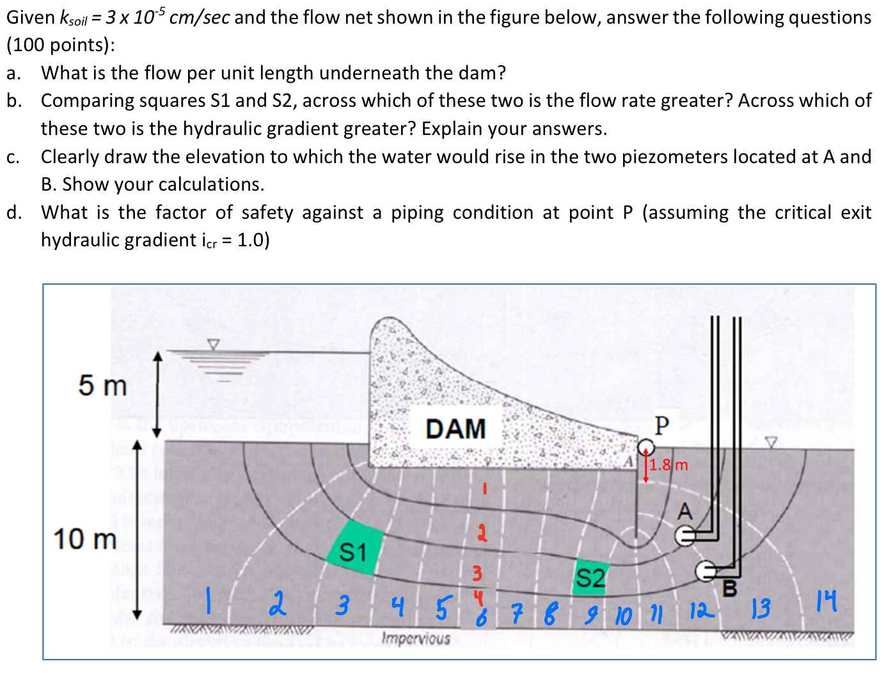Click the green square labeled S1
354,548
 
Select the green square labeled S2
590,577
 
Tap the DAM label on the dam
455,429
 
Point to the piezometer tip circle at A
685,536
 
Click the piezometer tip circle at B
705,571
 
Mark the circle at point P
646,447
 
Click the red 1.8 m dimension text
668,465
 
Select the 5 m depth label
102,385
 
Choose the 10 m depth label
85,539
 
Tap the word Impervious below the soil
416,638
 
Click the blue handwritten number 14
827,601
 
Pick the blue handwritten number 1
209,601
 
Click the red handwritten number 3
477,573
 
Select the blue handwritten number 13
761,608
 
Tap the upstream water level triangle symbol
213,344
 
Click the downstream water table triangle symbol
771,443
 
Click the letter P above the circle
661,425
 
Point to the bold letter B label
730,589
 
